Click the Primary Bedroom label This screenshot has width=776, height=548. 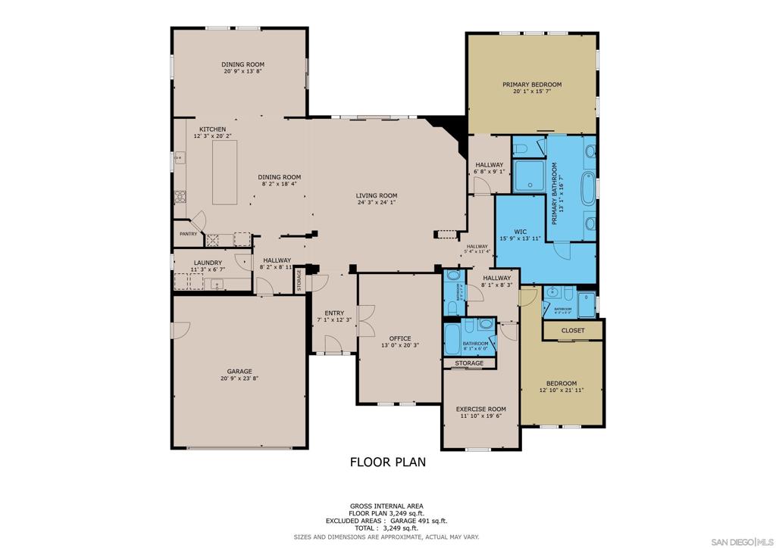(x=532, y=85)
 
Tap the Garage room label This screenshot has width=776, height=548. (x=239, y=372)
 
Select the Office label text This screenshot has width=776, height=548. (x=400, y=338)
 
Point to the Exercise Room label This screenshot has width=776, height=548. (x=481, y=409)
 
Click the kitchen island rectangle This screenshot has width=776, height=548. (x=224, y=172)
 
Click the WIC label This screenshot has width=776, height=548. (x=520, y=232)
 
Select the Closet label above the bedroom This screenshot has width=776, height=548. (x=572, y=331)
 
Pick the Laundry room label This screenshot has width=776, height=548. (x=208, y=263)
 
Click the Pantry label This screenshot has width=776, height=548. (x=188, y=234)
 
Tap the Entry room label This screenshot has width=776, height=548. (x=334, y=313)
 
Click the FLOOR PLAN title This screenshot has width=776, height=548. (x=387, y=462)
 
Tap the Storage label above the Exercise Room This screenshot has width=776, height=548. (x=469, y=363)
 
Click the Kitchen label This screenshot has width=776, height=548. (x=213, y=129)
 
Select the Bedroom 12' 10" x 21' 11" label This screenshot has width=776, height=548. (x=562, y=384)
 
